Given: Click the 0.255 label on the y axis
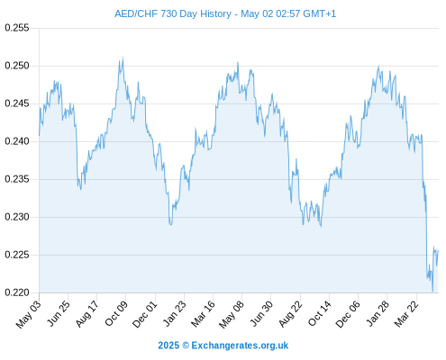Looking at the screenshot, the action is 17,28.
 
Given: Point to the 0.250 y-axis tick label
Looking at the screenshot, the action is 17,66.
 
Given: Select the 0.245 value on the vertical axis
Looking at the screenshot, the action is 17,103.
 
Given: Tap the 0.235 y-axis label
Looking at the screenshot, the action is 17,179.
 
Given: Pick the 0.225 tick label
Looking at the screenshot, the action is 17,255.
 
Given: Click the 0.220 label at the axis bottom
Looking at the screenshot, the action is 17,292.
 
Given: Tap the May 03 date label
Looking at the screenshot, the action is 29,314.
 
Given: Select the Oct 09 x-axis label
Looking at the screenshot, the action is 116,313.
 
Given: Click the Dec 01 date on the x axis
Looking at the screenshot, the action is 145,314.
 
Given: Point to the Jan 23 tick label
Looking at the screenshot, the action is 175,313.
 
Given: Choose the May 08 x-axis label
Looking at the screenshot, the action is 232,314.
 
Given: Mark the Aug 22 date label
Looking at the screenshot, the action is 291,313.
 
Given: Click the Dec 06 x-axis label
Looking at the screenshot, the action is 348,314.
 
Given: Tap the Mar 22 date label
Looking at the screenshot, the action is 406,313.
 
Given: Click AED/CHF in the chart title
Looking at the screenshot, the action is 136,13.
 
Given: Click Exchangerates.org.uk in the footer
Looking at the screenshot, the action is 240,346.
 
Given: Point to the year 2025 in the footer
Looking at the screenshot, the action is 168,346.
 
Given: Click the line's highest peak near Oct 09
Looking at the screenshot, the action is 123,58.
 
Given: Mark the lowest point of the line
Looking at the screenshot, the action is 432,291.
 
